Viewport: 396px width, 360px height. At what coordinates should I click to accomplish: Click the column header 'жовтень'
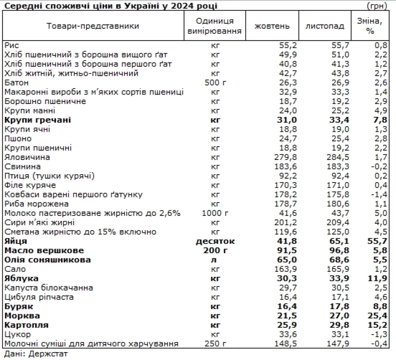[269, 26]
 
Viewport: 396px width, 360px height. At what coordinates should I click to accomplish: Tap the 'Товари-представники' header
[93, 26]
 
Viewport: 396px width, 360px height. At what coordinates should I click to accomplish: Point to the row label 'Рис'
[11, 45]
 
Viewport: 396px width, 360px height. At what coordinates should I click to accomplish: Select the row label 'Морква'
[21, 315]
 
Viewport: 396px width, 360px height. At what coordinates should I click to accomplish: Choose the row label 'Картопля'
[26, 325]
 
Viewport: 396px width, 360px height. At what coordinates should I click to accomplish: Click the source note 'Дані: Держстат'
[35, 354]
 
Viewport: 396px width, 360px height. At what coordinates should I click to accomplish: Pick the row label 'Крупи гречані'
[38, 120]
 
